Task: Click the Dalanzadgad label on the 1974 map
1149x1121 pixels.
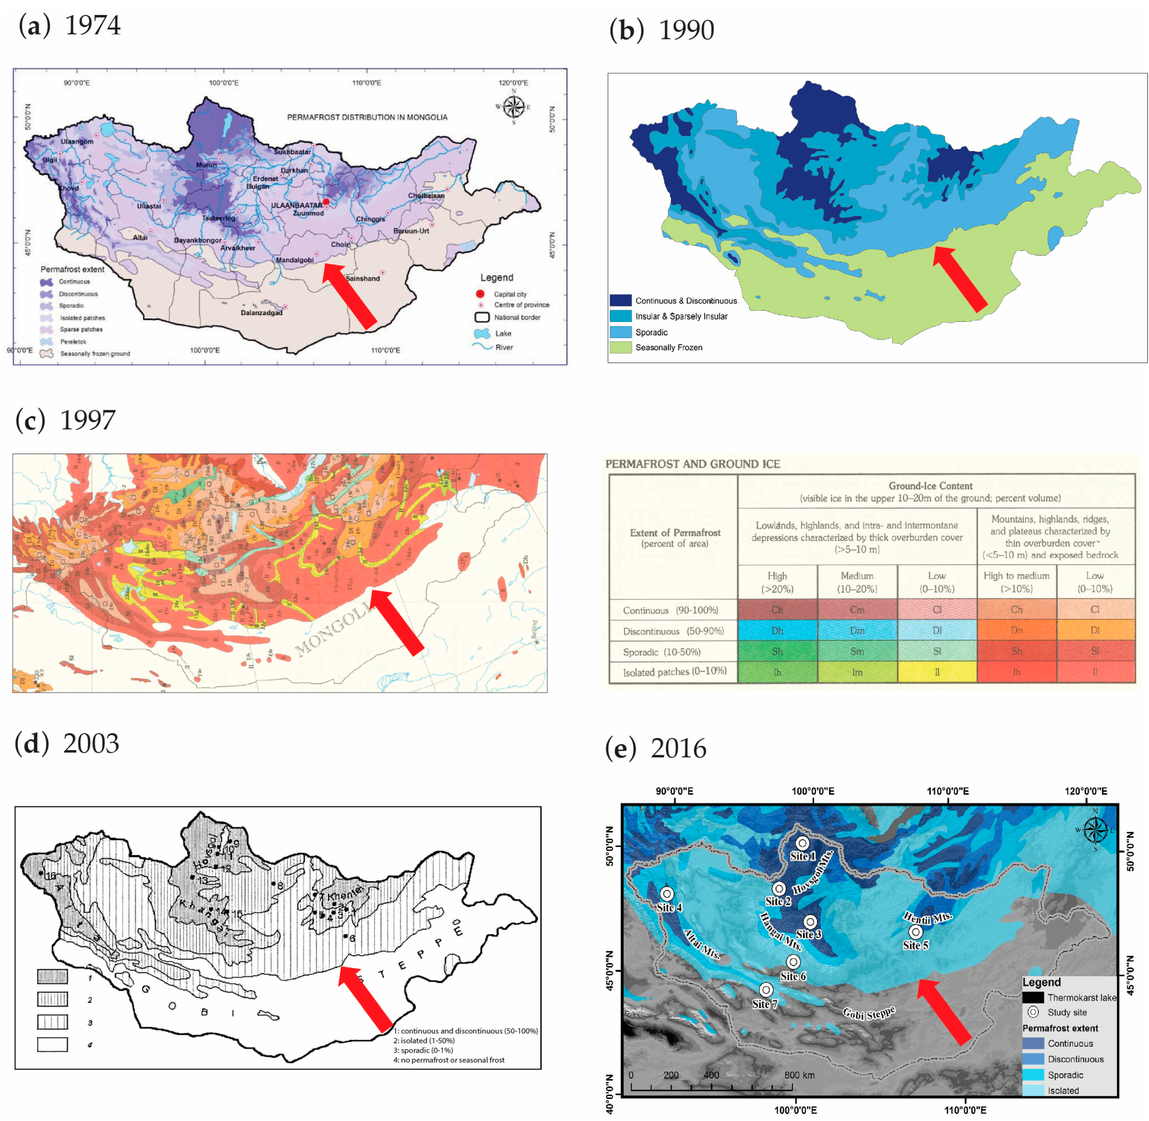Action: [262, 313]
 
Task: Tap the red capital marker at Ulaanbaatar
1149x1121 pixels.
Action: [326, 201]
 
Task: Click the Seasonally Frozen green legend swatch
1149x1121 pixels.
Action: [620, 347]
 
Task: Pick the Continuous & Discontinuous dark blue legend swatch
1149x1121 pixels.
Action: [620, 300]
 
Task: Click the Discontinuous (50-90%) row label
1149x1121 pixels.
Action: [673, 631]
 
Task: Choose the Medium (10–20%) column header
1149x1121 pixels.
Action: [857, 582]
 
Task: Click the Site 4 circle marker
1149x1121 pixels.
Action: [666, 894]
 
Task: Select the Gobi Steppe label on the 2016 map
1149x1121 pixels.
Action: [869, 1013]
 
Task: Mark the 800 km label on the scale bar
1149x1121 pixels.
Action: [799, 1075]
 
